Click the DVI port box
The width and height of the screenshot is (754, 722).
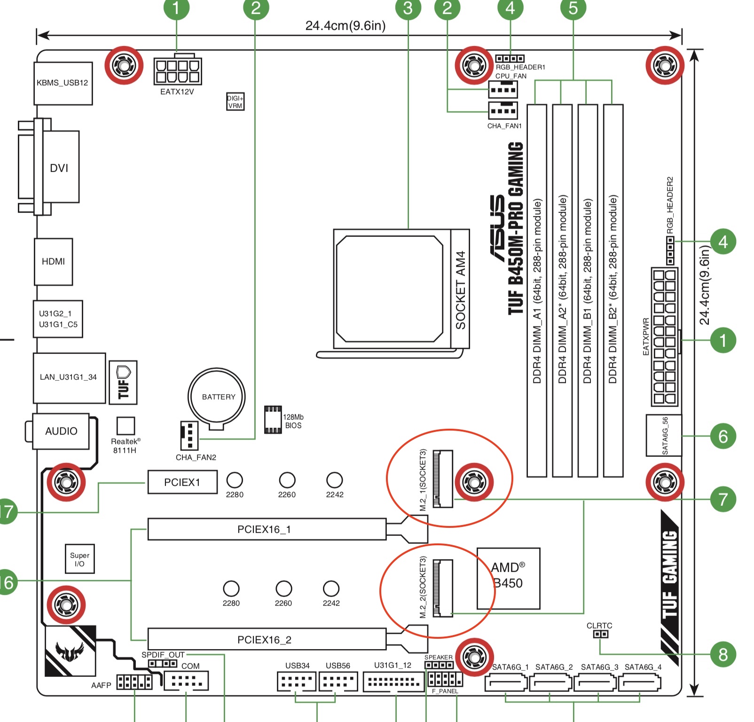click(59, 167)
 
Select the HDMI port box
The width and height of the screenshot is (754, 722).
click(53, 261)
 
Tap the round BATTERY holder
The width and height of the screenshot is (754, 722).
click(217, 396)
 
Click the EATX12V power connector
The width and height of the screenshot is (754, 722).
click(178, 71)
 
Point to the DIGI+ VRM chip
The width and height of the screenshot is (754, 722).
click(235, 102)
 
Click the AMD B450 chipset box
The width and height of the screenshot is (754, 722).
click(508, 578)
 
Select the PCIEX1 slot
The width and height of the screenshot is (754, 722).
click(182, 482)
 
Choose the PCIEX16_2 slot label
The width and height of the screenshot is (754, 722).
click(264, 640)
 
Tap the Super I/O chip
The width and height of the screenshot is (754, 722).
click(79, 559)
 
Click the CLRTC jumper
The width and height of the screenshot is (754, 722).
click(600, 634)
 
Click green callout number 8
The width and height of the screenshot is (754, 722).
click(723, 654)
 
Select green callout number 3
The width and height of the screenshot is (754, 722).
click(408, 8)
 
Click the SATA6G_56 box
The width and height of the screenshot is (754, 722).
click(664, 436)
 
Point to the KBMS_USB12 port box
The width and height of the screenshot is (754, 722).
click(63, 83)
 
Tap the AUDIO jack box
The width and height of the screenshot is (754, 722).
click(61, 431)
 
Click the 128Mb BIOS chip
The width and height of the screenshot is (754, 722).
click(273, 419)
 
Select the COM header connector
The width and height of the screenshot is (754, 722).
click(186, 681)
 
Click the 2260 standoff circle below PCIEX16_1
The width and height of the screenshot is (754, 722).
click(283, 588)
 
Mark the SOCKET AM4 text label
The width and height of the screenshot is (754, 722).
click(460, 290)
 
